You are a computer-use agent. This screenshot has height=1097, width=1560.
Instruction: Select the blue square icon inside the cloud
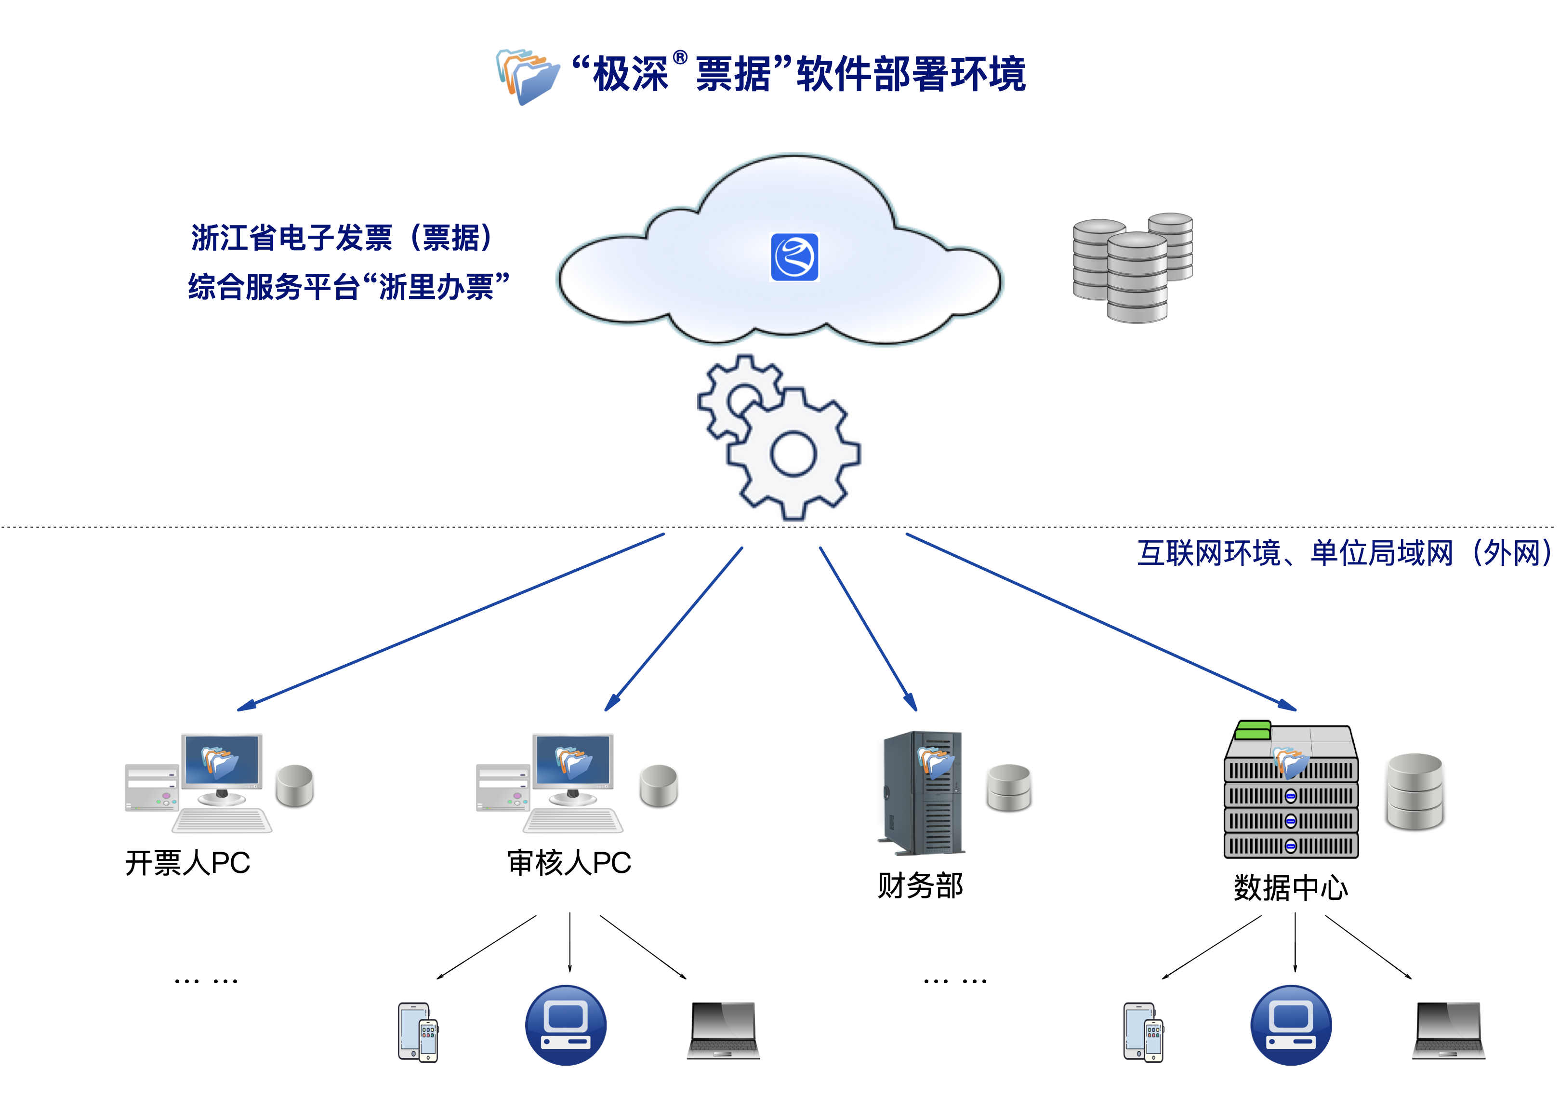(794, 257)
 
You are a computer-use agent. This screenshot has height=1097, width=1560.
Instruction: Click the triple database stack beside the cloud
(1132, 268)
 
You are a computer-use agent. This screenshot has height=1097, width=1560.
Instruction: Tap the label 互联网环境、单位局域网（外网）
(1345, 552)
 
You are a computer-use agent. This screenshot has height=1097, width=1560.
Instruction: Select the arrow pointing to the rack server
(1101, 622)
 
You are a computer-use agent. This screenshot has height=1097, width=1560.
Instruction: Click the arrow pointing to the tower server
(868, 628)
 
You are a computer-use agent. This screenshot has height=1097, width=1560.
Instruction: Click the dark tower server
(921, 792)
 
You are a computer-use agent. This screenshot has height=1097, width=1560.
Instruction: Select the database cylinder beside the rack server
(1415, 792)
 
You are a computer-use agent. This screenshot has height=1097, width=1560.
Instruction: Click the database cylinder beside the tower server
(1009, 789)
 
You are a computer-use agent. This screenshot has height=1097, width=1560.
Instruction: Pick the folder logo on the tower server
(935, 761)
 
